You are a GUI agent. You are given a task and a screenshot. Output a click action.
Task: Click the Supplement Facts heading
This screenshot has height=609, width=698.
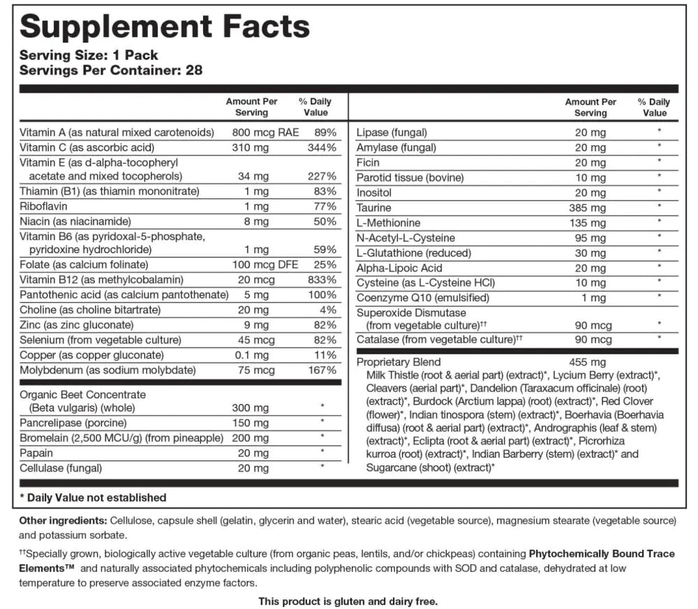click(165, 27)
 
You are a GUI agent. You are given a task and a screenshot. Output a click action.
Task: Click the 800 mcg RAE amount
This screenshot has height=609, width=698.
click(259, 132)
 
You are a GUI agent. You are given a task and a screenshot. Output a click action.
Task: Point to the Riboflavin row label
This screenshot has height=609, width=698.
click(43, 206)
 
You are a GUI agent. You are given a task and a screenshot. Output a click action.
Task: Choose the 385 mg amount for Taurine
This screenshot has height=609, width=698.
click(591, 208)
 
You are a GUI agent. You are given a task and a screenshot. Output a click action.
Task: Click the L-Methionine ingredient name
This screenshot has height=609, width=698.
click(389, 223)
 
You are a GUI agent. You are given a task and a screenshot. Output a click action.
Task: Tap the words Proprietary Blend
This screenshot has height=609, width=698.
click(399, 362)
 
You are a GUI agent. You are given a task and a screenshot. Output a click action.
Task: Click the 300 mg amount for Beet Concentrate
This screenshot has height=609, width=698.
click(250, 407)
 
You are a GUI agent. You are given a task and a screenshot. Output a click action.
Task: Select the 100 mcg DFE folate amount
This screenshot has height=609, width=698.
click(259, 264)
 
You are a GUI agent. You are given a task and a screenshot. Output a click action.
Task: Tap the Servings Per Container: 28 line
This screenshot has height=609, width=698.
click(111, 70)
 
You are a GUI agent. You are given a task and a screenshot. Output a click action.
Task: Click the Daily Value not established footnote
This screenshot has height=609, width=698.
click(93, 497)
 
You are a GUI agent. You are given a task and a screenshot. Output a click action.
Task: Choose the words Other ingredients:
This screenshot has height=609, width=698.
click(63, 521)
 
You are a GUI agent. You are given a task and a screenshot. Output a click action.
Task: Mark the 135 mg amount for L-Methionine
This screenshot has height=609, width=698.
click(591, 223)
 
